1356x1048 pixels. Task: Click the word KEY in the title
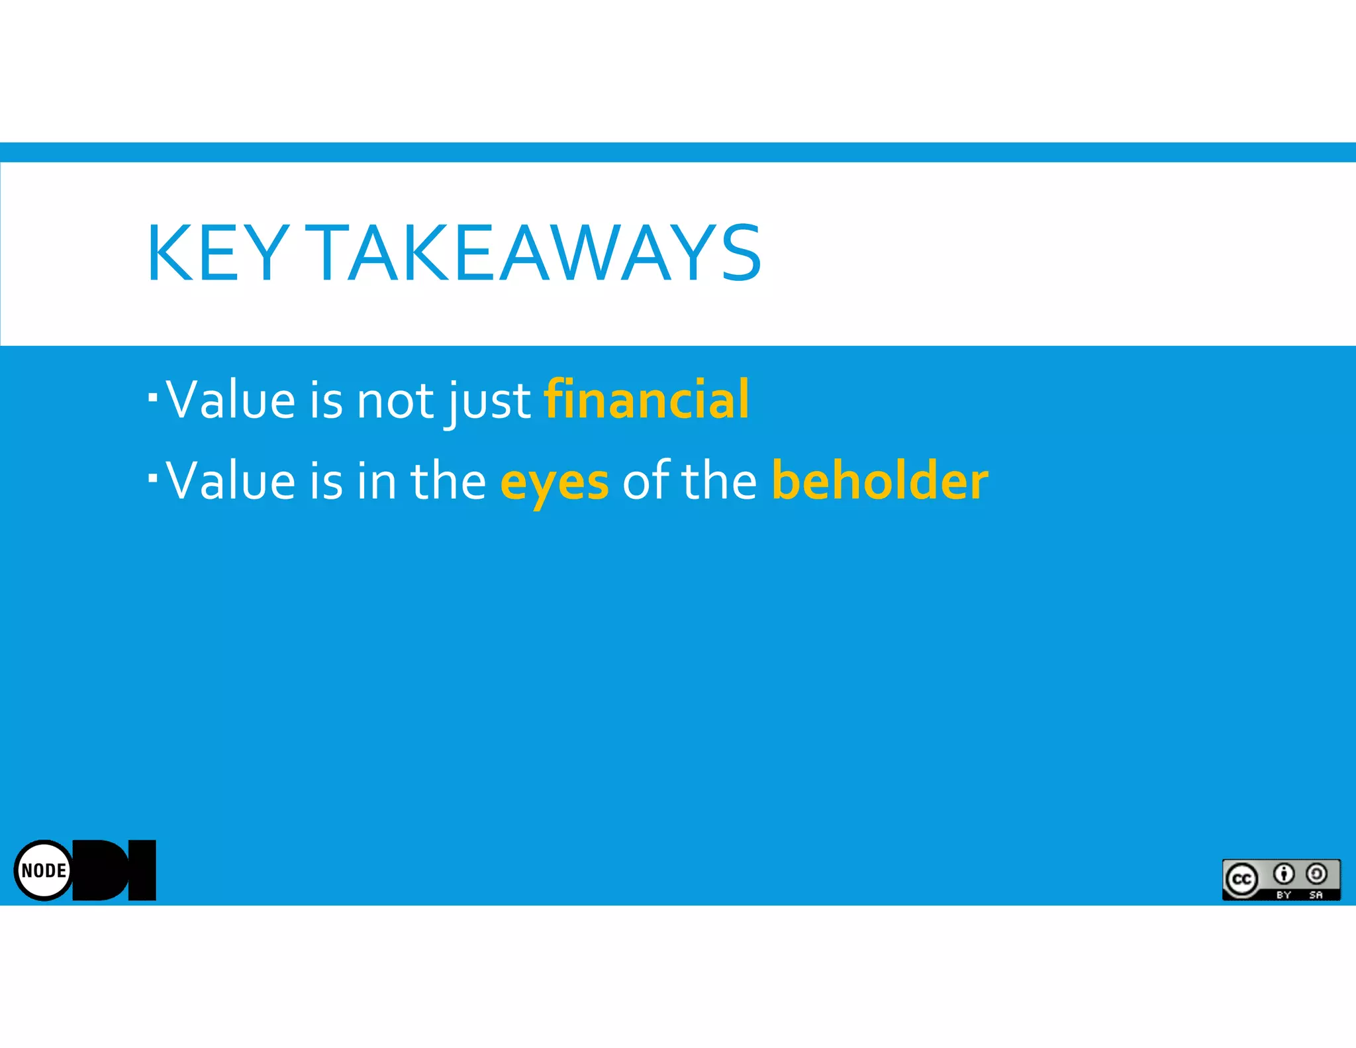pos(217,253)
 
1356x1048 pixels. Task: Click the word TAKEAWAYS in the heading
pos(534,253)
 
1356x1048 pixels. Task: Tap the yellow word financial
pos(646,399)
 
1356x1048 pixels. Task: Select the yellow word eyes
pos(554,482)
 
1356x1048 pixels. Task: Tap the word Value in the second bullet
pos(230,481)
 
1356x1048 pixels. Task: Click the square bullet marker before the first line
pos(153,397)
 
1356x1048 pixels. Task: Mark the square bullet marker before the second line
pos(153,477)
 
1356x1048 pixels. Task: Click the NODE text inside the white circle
pos(44,870)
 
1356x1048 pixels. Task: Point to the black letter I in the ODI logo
pos(142,870)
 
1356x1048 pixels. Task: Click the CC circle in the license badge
pos(1241,879)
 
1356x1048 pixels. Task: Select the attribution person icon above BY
pos(1284,874)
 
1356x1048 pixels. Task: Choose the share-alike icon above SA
pos(1316,874)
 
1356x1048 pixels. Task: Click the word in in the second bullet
pos(377,481)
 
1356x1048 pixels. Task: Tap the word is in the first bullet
pos(326,401)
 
